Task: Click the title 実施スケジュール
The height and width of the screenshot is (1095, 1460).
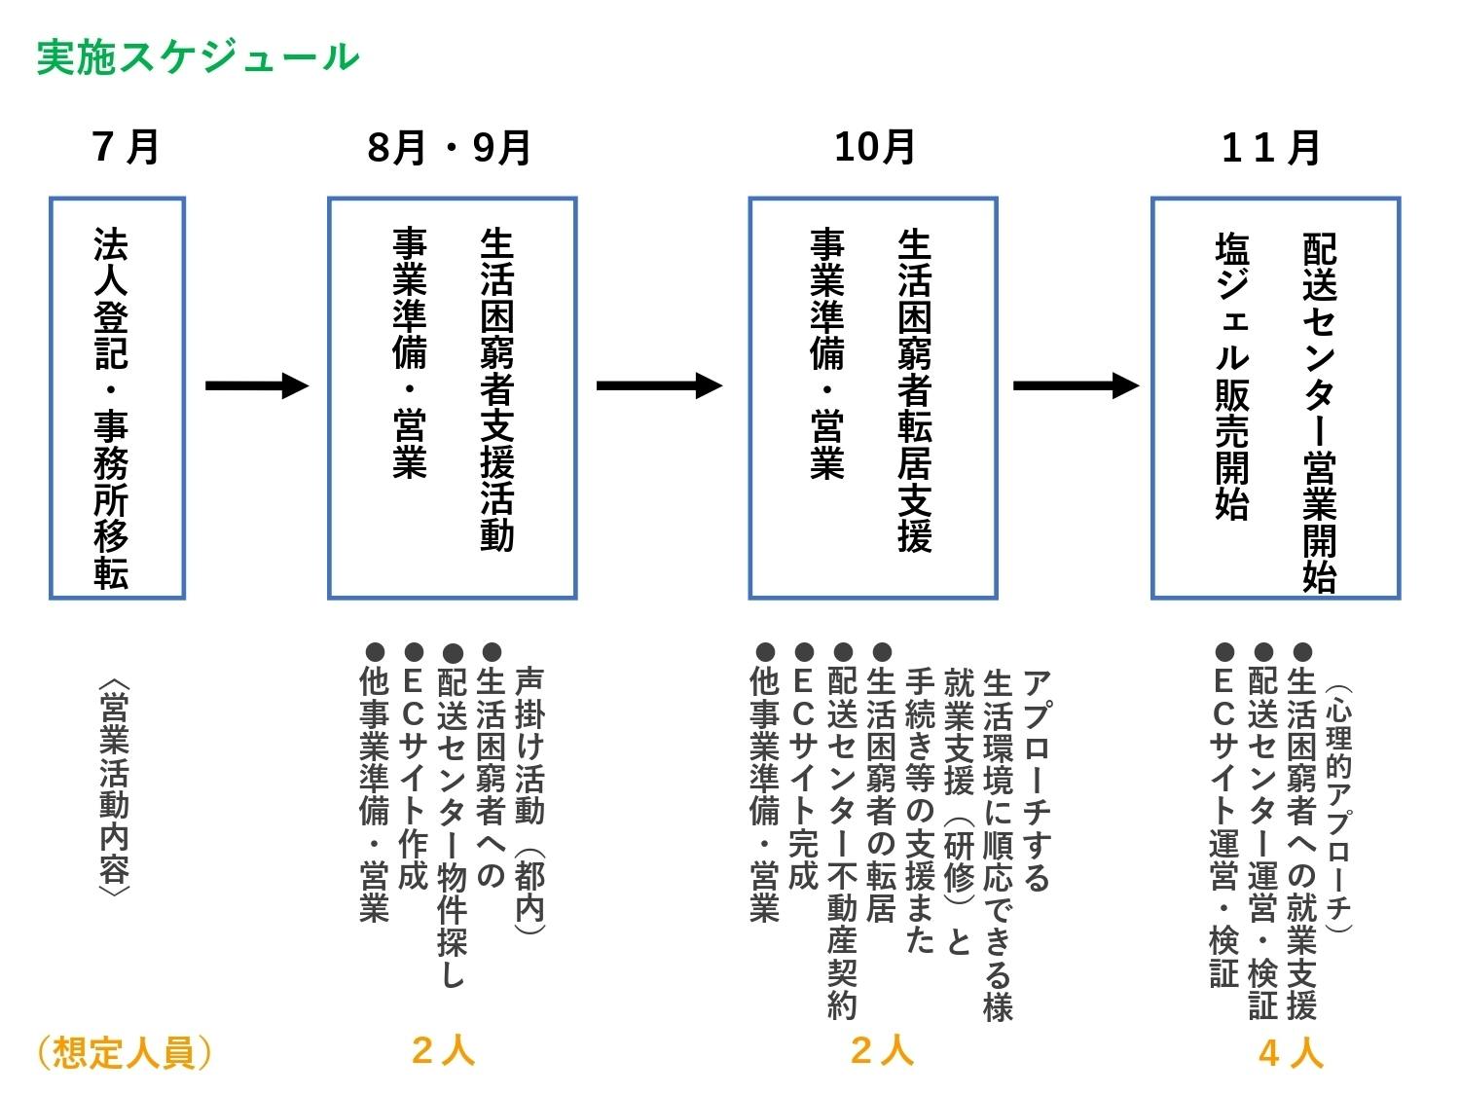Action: [x=198, y=57]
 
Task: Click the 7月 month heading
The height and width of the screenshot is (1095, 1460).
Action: [x=126, y=147]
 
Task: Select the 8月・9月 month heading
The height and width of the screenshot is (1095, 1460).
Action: [x=449, y=148]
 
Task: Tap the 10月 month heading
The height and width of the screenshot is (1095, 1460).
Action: [x=874, y=147]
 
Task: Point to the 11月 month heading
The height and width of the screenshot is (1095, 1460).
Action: [x=1271, y=148]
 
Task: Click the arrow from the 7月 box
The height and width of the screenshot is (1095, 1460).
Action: [x=256, y=385]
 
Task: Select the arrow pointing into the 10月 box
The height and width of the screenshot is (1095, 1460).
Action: [x=659, y=385]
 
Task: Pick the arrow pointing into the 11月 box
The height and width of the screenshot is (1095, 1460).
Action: [x=1075, y=385]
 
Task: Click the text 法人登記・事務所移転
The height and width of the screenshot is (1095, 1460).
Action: [x=111, y=409]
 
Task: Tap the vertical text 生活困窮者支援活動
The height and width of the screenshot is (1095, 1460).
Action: [x=496, y=389]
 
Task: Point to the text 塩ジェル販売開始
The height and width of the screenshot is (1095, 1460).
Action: [x=1232, y=376]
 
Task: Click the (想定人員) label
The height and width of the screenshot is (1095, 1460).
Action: [x=124, y=1052]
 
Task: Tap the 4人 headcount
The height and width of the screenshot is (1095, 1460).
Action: [x=1291, y=1052]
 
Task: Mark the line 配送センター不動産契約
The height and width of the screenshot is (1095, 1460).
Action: [x=842, y=832]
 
